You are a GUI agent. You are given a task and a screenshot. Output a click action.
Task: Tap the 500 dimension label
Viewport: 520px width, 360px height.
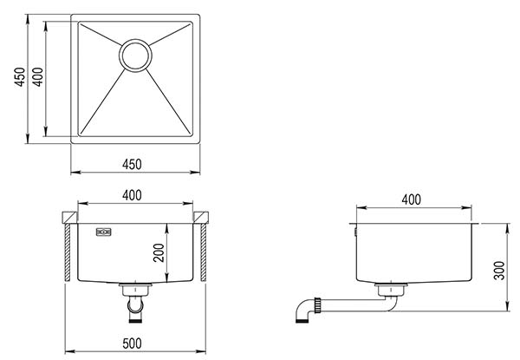pyautogui.click(x=132, y=344)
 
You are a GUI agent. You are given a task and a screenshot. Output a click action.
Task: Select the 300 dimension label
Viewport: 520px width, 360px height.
pyautogui.click(x=499, y=271)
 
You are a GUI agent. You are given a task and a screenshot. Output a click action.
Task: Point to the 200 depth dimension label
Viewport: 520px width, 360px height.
pyautogui.click(x=159, y=252)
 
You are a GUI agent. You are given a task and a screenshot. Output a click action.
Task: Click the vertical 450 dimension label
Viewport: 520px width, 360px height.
pyautogui.click(x=20, y=77)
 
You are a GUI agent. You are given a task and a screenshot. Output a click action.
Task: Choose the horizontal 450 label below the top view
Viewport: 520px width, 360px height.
pyautogui.click(x=132, y=164)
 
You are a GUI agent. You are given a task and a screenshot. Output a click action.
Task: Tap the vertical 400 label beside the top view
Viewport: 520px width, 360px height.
pyautogui.click(x=38, y=77)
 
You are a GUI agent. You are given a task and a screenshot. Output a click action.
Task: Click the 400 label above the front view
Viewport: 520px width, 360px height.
pyautogui.click(x=132, y=195)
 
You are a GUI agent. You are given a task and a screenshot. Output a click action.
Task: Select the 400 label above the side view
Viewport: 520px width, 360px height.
pyautogui.click(x=411, y=200)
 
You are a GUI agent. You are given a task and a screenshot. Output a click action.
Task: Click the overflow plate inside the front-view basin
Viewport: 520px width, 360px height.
pyautogui.click(x=104, y=232)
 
